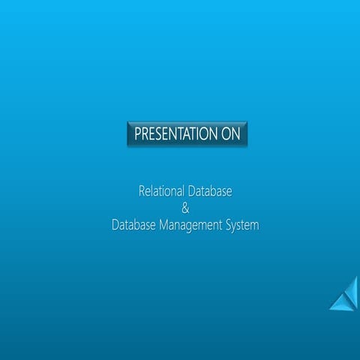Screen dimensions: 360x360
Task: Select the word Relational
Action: pyautogui.click(x=161, y=192)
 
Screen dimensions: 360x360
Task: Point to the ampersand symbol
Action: pyautogui.click(x=186, y=208)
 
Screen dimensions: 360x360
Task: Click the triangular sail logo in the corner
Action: pyautogui.click(x=344, y=294)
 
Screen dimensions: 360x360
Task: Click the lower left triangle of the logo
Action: pyautogui.click(x=338, y=301)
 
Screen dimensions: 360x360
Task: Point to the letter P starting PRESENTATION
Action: pyautogui.click(x=137, y=135)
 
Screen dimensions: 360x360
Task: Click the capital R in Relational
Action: pyautogui.click(x=142, y=192)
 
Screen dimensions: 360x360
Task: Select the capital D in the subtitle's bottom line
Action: pyautogui.click(x=115, y=224)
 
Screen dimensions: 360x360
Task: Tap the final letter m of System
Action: pyautogui.click(x=254, y=226)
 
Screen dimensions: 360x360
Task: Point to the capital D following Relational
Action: pyautogui.click(x=190, y=192)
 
